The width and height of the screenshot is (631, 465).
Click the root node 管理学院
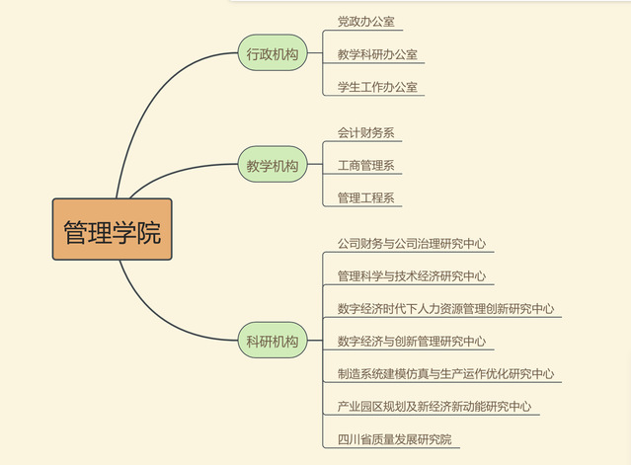pyautogui.click(x=112, y=230)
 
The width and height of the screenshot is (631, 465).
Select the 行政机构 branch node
pyautogui.click(x=272, y=54)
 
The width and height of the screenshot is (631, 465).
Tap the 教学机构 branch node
pyautogui.click(x=272, y=166)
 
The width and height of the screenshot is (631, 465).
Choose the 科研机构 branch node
pyautogui.click(x=272, y=342)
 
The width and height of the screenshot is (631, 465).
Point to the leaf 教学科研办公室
pyautogui.click(x=376, y=54)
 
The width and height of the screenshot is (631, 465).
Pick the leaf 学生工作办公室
pyautogui.click(x=376, y=87)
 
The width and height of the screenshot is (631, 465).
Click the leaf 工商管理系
pyautogui.click(x=365, y=165)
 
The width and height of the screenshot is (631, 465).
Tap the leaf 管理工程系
pyautogui.click(x=365, y=197)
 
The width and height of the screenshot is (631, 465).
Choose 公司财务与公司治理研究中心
pyautogui.click(x=410, y=243)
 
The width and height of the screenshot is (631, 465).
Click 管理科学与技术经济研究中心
pyautogui.click(x=410, y=275)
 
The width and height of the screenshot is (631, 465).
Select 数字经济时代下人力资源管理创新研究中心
pyautogui.click(x=445, y=308)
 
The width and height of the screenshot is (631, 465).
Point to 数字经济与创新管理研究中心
pyautogui.click(x=410, y=342)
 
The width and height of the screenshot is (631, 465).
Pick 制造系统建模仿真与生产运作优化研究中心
pyautogui.click(x=445, y=374)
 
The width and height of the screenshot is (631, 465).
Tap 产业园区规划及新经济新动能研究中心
pyautogui.click(x=434, y=406)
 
